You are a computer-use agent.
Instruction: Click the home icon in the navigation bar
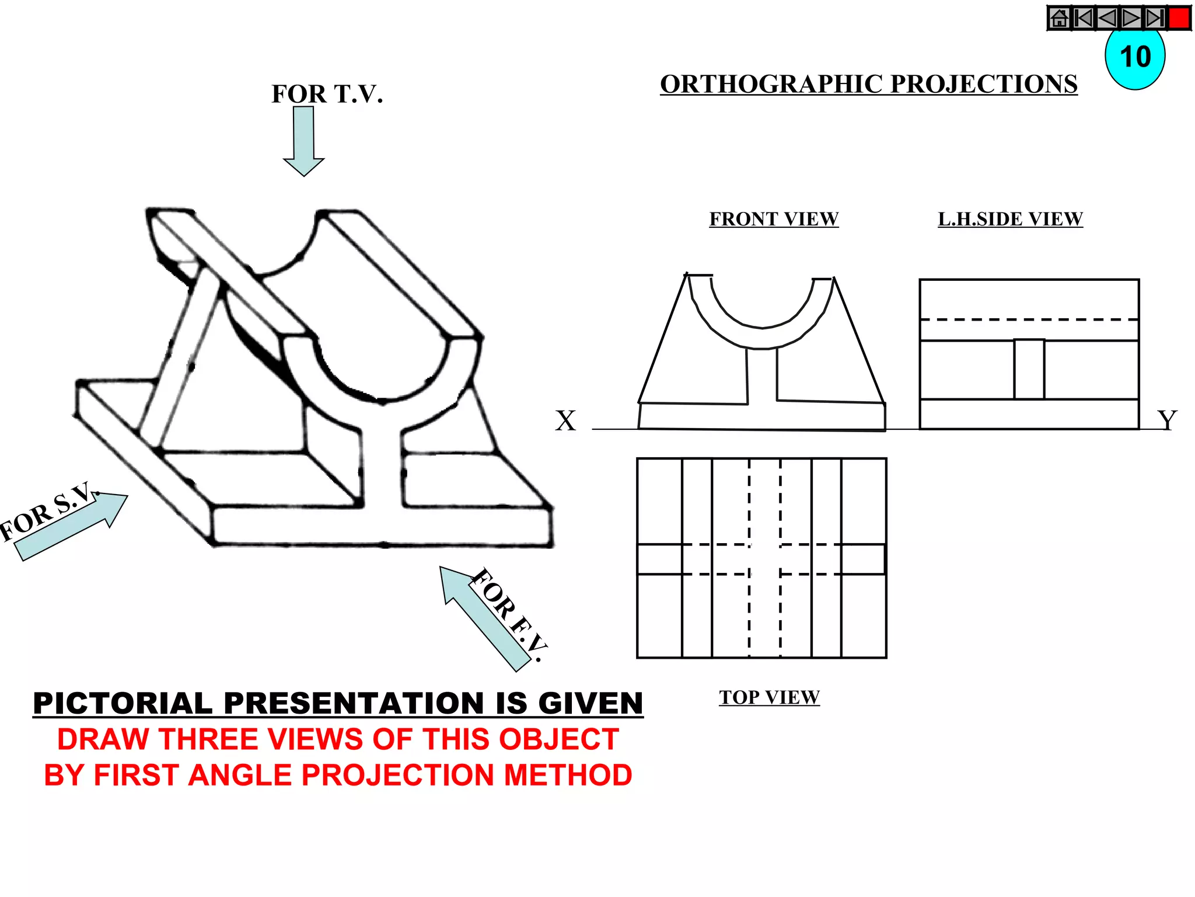(1059, 18)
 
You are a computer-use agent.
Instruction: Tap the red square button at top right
(1179, 18)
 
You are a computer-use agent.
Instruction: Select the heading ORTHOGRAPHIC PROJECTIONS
(868, 84)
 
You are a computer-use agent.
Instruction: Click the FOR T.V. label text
(327, 94)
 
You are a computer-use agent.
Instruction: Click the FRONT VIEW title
(774, 219)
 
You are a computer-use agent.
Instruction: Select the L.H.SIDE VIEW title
(1010, 219)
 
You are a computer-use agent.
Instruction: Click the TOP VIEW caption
(769, 697)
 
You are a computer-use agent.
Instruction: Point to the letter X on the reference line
(565, 421)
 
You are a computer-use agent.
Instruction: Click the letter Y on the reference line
(1167, 420)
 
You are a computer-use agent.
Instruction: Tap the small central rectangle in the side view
(1029, 370)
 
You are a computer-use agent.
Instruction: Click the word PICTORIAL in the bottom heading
(123, 703)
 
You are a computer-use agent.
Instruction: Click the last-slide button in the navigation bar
(1154, 18)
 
